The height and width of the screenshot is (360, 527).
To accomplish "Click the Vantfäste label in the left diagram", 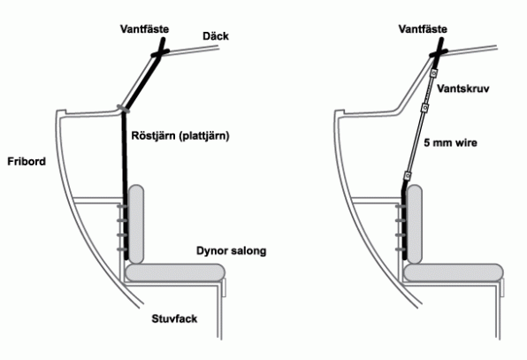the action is [x=144, y=29].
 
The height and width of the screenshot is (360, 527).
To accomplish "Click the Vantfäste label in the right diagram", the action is [x=423, y=29].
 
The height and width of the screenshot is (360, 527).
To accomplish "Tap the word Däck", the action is [x=216, y=36].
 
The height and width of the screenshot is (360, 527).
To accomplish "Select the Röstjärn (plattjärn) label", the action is [x=180, y=136].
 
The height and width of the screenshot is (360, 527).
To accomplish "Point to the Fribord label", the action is [x=27, y=162].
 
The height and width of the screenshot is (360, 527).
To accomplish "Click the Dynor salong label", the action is [x=232, y=250].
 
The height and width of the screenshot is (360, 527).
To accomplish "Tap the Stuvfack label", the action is [x=174, y=318].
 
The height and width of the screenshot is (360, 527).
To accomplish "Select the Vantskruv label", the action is [x=462, y=88].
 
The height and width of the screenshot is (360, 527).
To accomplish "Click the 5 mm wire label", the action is [x=450, y=143].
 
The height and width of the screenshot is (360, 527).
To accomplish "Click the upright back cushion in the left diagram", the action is [x=136, y=224].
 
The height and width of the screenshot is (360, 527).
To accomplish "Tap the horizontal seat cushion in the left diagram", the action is [x=175, y=272].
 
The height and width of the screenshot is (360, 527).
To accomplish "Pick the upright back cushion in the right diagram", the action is [x=415, y=224].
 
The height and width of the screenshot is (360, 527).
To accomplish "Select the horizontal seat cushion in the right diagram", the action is [x=454, y=272].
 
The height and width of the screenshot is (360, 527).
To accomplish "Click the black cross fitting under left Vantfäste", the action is [x=160, y=52].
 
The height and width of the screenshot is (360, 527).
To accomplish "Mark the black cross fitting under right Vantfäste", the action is [x=439, y=52].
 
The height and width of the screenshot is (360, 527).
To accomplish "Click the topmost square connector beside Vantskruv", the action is [x=434, y=73].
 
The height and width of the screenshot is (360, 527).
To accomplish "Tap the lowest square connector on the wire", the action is [x=408, y=176].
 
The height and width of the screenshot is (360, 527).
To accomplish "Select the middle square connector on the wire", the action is [x=424, y=108].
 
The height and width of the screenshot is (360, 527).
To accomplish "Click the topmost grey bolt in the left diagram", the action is [x=122, y=206].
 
